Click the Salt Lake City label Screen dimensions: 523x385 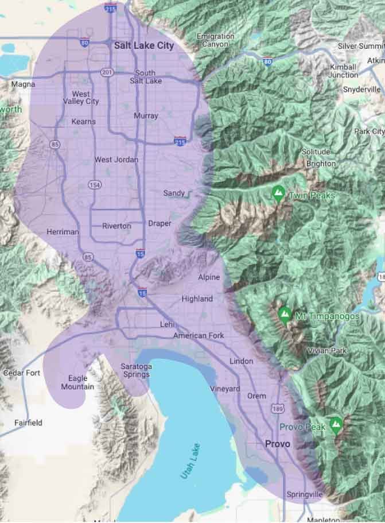[143, 45]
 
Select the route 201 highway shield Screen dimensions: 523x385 [106, 72]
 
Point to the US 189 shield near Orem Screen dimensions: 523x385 [279, 408]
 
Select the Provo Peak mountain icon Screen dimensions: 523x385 [336, 425]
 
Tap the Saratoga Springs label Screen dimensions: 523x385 [136, 370]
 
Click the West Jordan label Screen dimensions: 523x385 [116, 160]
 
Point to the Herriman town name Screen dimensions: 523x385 [63, 232]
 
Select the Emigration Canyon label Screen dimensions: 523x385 [215, 40]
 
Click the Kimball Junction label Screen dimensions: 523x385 [344, 71]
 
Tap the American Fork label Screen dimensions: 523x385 [199, 335]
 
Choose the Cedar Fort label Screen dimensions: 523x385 [22, 373]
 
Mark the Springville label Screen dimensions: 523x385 [305, 494]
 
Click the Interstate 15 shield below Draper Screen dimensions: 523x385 [141, 253]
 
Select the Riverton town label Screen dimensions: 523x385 [116, 226]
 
